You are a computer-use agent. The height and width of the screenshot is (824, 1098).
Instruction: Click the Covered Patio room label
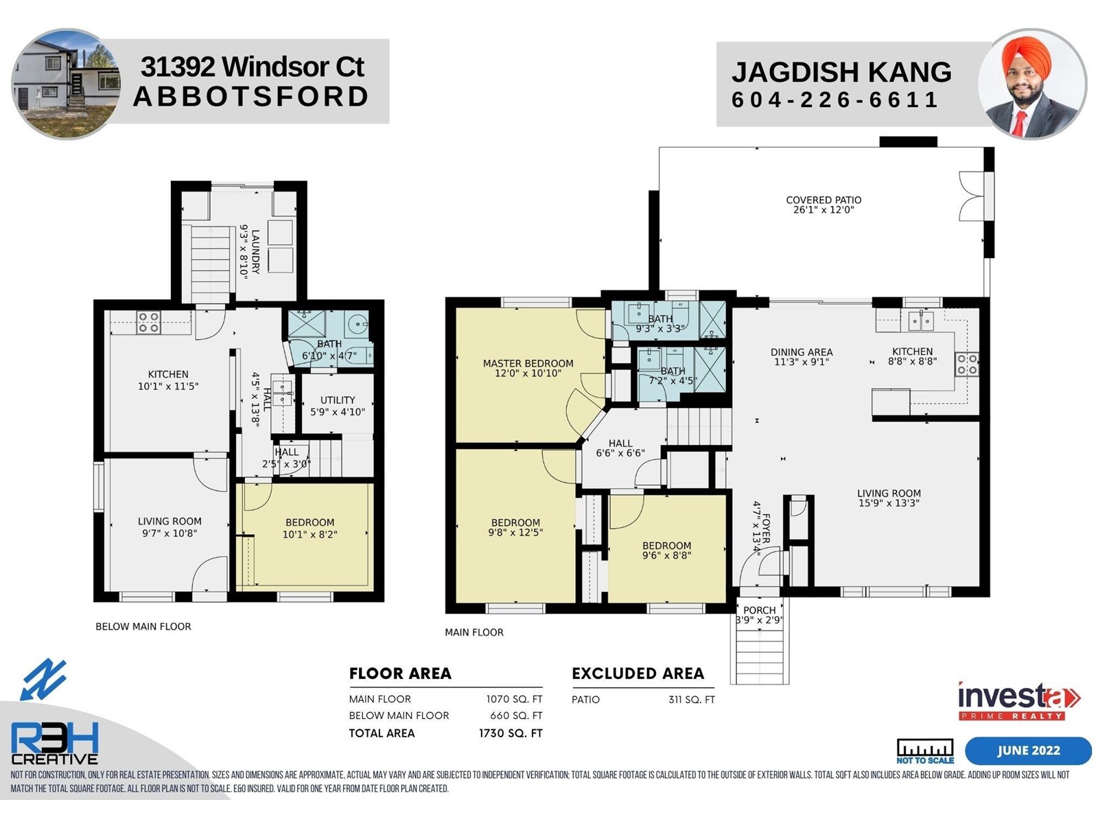pos(823,204)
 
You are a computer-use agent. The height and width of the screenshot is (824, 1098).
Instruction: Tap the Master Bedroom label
pos(528,368)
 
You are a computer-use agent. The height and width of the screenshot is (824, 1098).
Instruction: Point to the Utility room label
pos(338,406)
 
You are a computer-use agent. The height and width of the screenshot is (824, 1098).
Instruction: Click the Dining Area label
pos(802,356)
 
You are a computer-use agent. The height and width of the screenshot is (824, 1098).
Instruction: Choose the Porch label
pos(759,615)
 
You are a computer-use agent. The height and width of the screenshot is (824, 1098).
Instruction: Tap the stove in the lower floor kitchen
pos(148,322)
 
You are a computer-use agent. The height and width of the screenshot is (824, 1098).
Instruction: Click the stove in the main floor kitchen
pos(966,364)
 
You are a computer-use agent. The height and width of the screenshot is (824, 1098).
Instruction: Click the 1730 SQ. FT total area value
pos(511,733)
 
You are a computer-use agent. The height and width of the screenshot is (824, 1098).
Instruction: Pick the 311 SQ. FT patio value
pos(691,700)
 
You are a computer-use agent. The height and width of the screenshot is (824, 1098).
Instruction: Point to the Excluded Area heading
pos(638,674)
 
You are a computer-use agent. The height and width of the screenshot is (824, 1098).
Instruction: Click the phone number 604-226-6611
pos(834,100)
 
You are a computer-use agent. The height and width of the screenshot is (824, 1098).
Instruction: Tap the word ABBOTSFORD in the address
pos(251,97)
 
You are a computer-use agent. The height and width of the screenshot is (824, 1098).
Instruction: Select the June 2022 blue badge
pos(1029,751)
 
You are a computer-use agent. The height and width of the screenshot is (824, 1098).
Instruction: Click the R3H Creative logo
pos(54,744)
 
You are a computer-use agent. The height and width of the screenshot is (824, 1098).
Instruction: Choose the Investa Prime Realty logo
pos(1018,701)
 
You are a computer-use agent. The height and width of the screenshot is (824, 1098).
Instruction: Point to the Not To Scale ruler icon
pos(924,751)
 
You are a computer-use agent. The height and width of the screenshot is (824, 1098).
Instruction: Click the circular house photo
pos(65,84)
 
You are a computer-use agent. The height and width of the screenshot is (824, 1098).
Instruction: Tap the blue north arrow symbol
pos(43,679)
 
